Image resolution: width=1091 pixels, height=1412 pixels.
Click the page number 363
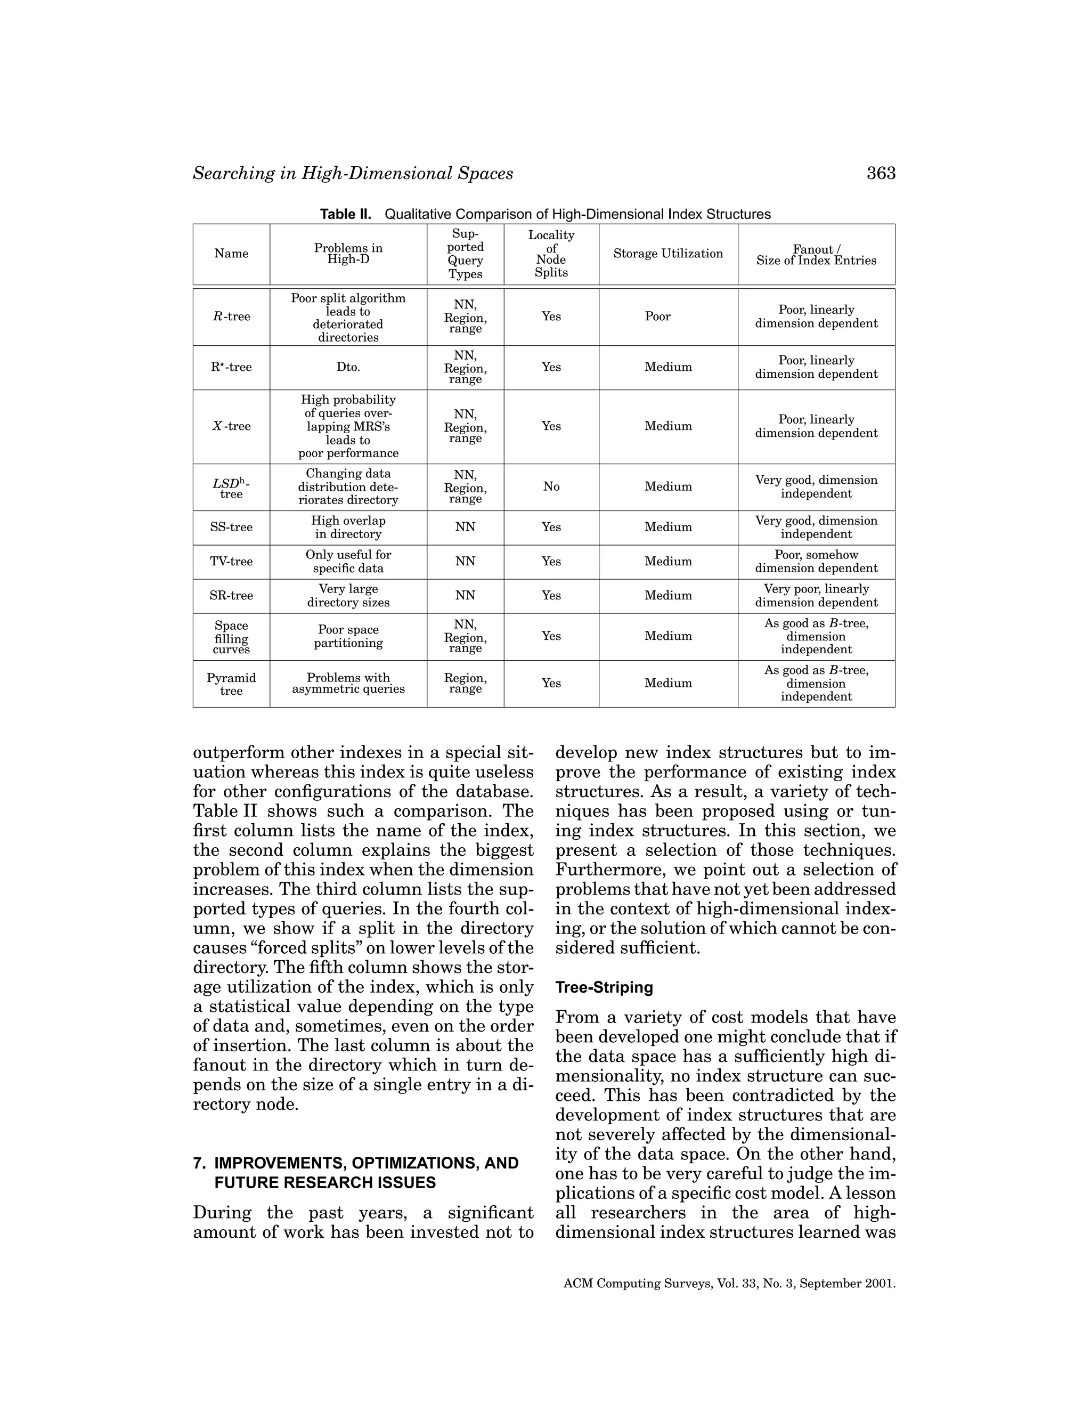tap(880, 173)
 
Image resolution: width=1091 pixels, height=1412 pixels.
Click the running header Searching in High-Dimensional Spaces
tap(353, 173)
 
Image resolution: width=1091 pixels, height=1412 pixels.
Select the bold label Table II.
tap(346, 214)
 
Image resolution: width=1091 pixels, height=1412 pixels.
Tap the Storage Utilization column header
tap(667, 254)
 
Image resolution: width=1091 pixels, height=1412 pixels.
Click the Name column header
tap(231, 254)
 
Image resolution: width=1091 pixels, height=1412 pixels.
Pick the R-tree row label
tap(231, 316)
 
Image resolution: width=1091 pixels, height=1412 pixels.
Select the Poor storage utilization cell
tap(657, 316)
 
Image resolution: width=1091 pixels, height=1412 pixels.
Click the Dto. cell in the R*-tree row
tap(348, 367)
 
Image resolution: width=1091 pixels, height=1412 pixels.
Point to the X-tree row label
tap(231, 426)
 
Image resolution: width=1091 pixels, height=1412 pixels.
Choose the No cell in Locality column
tap(551, 486)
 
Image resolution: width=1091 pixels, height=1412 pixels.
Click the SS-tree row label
tap(231, 527)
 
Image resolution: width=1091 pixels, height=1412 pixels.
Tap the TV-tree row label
tap(231, 561)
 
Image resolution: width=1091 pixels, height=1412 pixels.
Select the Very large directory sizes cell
tap(348, 596)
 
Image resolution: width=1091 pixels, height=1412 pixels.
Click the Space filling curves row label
tap(231, 637)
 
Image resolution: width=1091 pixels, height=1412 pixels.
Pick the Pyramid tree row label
tap(231, 684)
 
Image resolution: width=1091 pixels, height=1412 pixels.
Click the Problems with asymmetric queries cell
tap(348, 684)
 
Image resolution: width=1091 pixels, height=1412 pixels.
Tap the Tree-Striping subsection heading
tap(604, 987)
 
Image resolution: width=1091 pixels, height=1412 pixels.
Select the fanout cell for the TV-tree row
tap(816, 561)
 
